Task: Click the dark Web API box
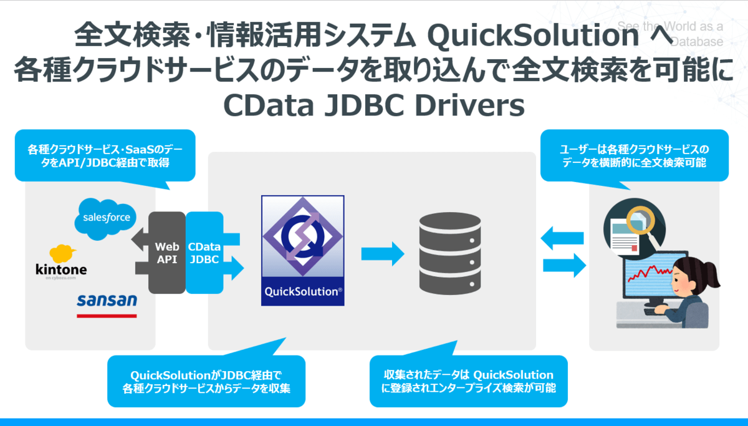(166, 253)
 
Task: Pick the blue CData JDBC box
(204, 253)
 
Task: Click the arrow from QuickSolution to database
(383, 253)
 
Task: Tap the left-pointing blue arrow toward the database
(562, 238)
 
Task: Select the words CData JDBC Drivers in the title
(373, 105)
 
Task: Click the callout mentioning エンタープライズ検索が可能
(469, 380)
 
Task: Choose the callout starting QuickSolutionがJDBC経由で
(206, 380)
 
